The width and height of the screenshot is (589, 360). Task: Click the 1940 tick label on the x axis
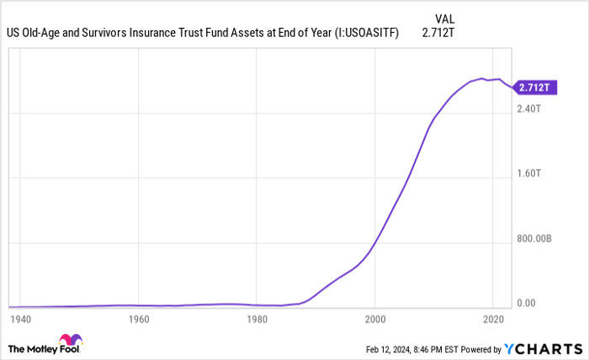click(20, 320)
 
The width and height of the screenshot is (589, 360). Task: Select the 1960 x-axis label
click(139, 320)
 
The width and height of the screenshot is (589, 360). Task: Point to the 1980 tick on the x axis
click(257, 320)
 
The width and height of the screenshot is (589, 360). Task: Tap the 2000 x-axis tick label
click(375, 320)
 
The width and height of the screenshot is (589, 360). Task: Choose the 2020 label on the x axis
click(493, 320)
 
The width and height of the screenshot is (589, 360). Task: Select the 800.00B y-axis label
click(534, 238)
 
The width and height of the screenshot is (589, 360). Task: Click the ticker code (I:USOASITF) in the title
click(369, 34)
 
